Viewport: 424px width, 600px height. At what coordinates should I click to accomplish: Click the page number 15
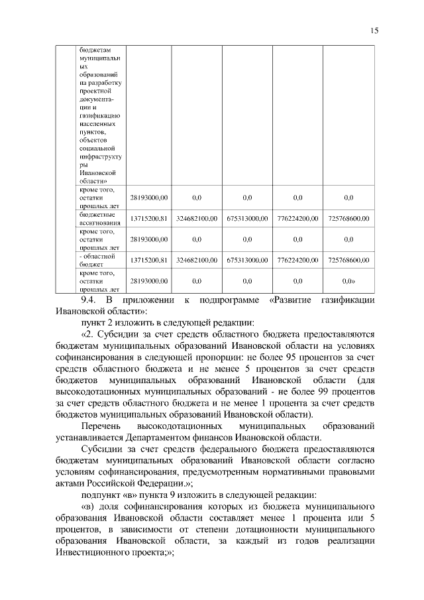click(x=374, y=30)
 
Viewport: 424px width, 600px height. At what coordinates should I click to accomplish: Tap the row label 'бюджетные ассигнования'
click(x=98, y=218)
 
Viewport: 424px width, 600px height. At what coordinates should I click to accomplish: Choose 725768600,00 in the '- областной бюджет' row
click(x=348, y=259)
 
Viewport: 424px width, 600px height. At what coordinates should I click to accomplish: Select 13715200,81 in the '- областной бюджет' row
click(x=148, y=259)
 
